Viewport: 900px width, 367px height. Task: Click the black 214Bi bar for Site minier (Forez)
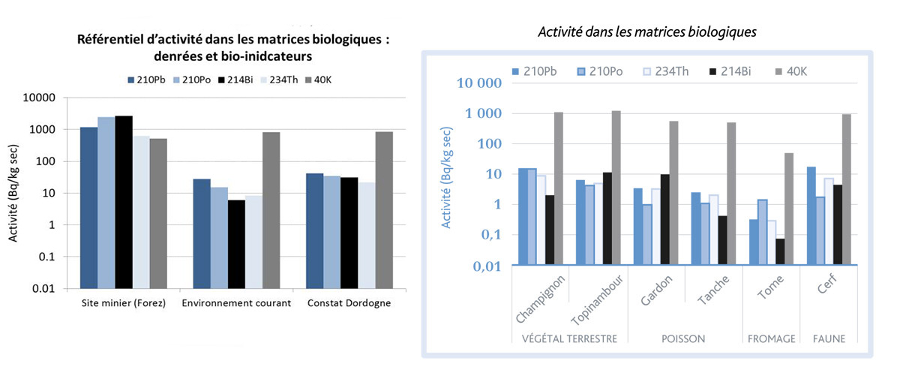(x=124, y=202)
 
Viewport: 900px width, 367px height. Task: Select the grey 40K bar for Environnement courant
(x=271, y=210)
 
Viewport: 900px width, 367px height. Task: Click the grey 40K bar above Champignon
(x=559, y=188)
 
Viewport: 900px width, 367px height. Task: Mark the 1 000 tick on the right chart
(x=481, y=113)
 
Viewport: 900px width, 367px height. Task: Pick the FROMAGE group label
(x=772, y=339)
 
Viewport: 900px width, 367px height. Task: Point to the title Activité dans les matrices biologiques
(x=648, y=32)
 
